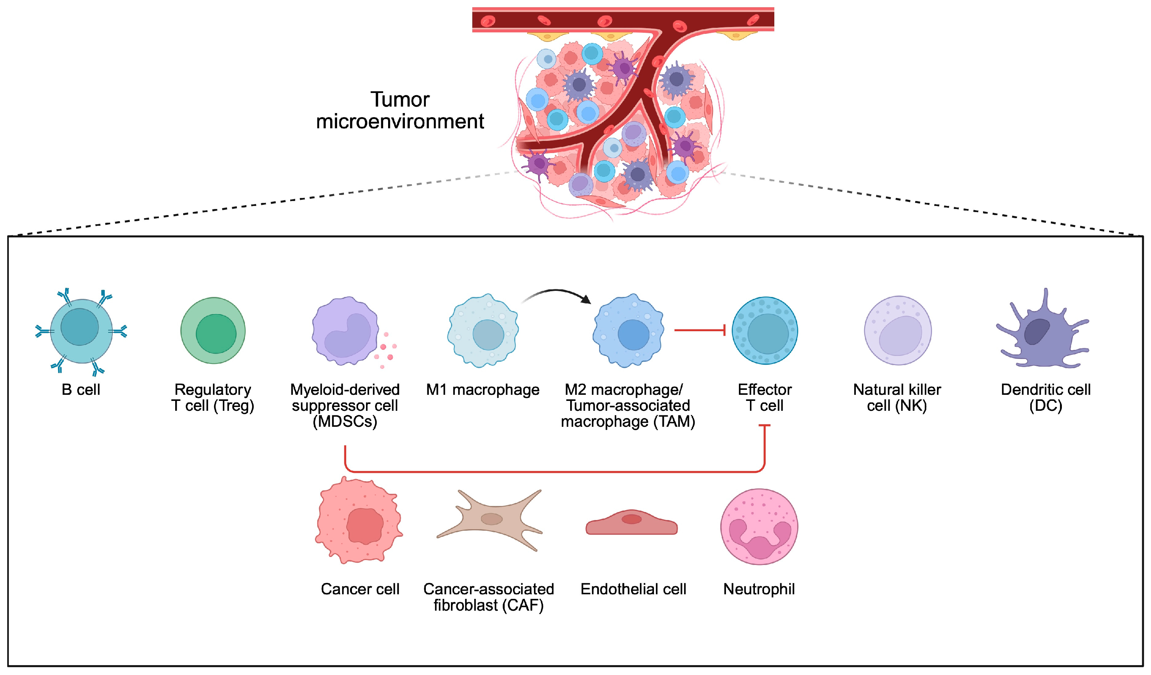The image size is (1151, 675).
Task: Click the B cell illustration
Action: tap(81, 331)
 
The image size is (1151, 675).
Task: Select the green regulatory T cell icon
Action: tap(213, 331)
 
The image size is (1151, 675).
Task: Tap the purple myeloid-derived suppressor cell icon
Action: tap(345, 332)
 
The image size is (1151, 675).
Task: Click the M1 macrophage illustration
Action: tap(483, 331)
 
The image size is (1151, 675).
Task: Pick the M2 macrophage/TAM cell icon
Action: tap(628, 331)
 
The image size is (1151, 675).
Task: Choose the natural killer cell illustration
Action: tap(897, 331)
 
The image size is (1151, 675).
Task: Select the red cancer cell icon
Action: tap(359, 521)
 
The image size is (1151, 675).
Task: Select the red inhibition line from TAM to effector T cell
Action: tap(699, 330)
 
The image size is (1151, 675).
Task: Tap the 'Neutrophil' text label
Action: tap(759, 589)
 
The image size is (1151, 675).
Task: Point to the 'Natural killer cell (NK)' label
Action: tap(897, 397)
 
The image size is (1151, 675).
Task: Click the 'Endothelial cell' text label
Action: tap(633, 589)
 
